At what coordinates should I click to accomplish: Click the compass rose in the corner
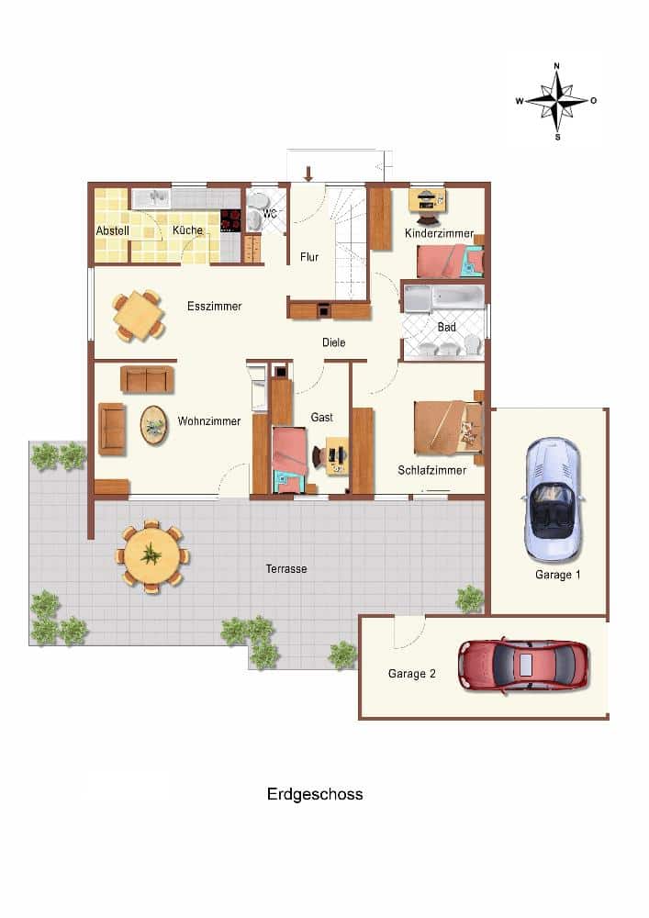click(556, 101)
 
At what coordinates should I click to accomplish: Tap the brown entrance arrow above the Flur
click(308, 174)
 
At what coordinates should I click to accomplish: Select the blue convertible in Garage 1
click(553, 499)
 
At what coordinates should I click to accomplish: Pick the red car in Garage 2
click(524, 666)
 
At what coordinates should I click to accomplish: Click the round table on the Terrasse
click(152, 555)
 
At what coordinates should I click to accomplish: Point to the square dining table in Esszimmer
click(139, 316)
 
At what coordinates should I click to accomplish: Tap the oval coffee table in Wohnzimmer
click(154, 425)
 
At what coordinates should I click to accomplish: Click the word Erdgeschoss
click(315, 794)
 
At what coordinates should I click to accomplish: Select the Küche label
click(187, 230)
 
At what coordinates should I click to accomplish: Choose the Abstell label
click(112, 230)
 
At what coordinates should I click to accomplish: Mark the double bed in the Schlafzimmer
click(449, 428)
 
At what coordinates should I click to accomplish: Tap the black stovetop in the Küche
click(230, 220)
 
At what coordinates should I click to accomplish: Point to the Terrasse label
click(286, 568)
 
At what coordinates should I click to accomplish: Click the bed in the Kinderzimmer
click(450, 261)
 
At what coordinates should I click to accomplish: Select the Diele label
click(333, 342)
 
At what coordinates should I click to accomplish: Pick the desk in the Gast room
click(337, 455)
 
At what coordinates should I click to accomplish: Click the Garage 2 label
click(412, 673)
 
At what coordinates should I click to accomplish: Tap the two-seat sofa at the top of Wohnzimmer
click(147, 379)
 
